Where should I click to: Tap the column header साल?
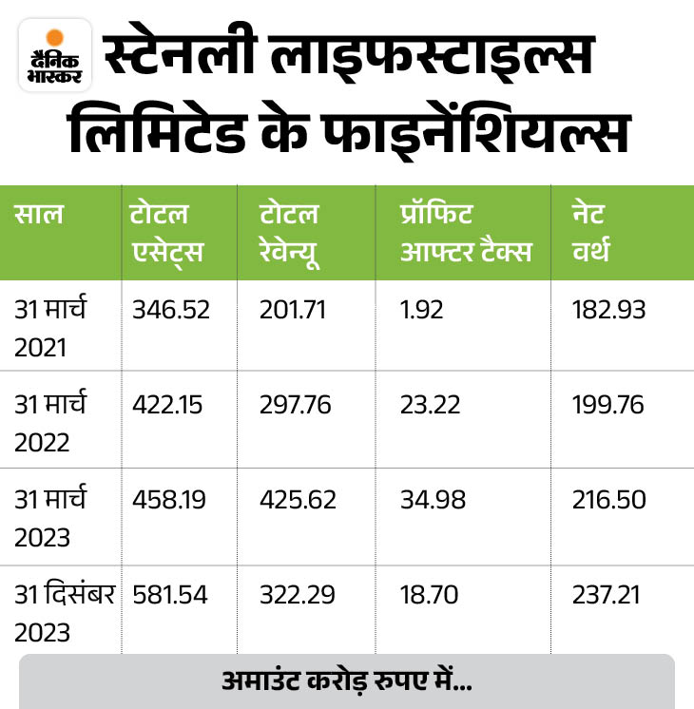click(x=40, y=214)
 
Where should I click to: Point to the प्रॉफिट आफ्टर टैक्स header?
click(x=465, y=232)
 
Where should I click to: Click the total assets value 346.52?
click(x=171, y=310)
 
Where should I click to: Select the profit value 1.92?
click(x=421, y=310)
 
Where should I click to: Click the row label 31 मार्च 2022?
click(x=51, y=420)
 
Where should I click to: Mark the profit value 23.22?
click(x=430, y=405)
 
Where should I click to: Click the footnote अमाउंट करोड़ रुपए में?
click(x=346, y=681)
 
